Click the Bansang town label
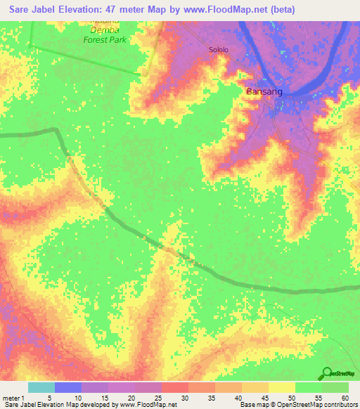(264, 91)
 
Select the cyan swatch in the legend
(41, 387)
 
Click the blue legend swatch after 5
(67, 387)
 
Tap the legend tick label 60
(345, 398)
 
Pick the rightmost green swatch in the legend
(335, 387)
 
